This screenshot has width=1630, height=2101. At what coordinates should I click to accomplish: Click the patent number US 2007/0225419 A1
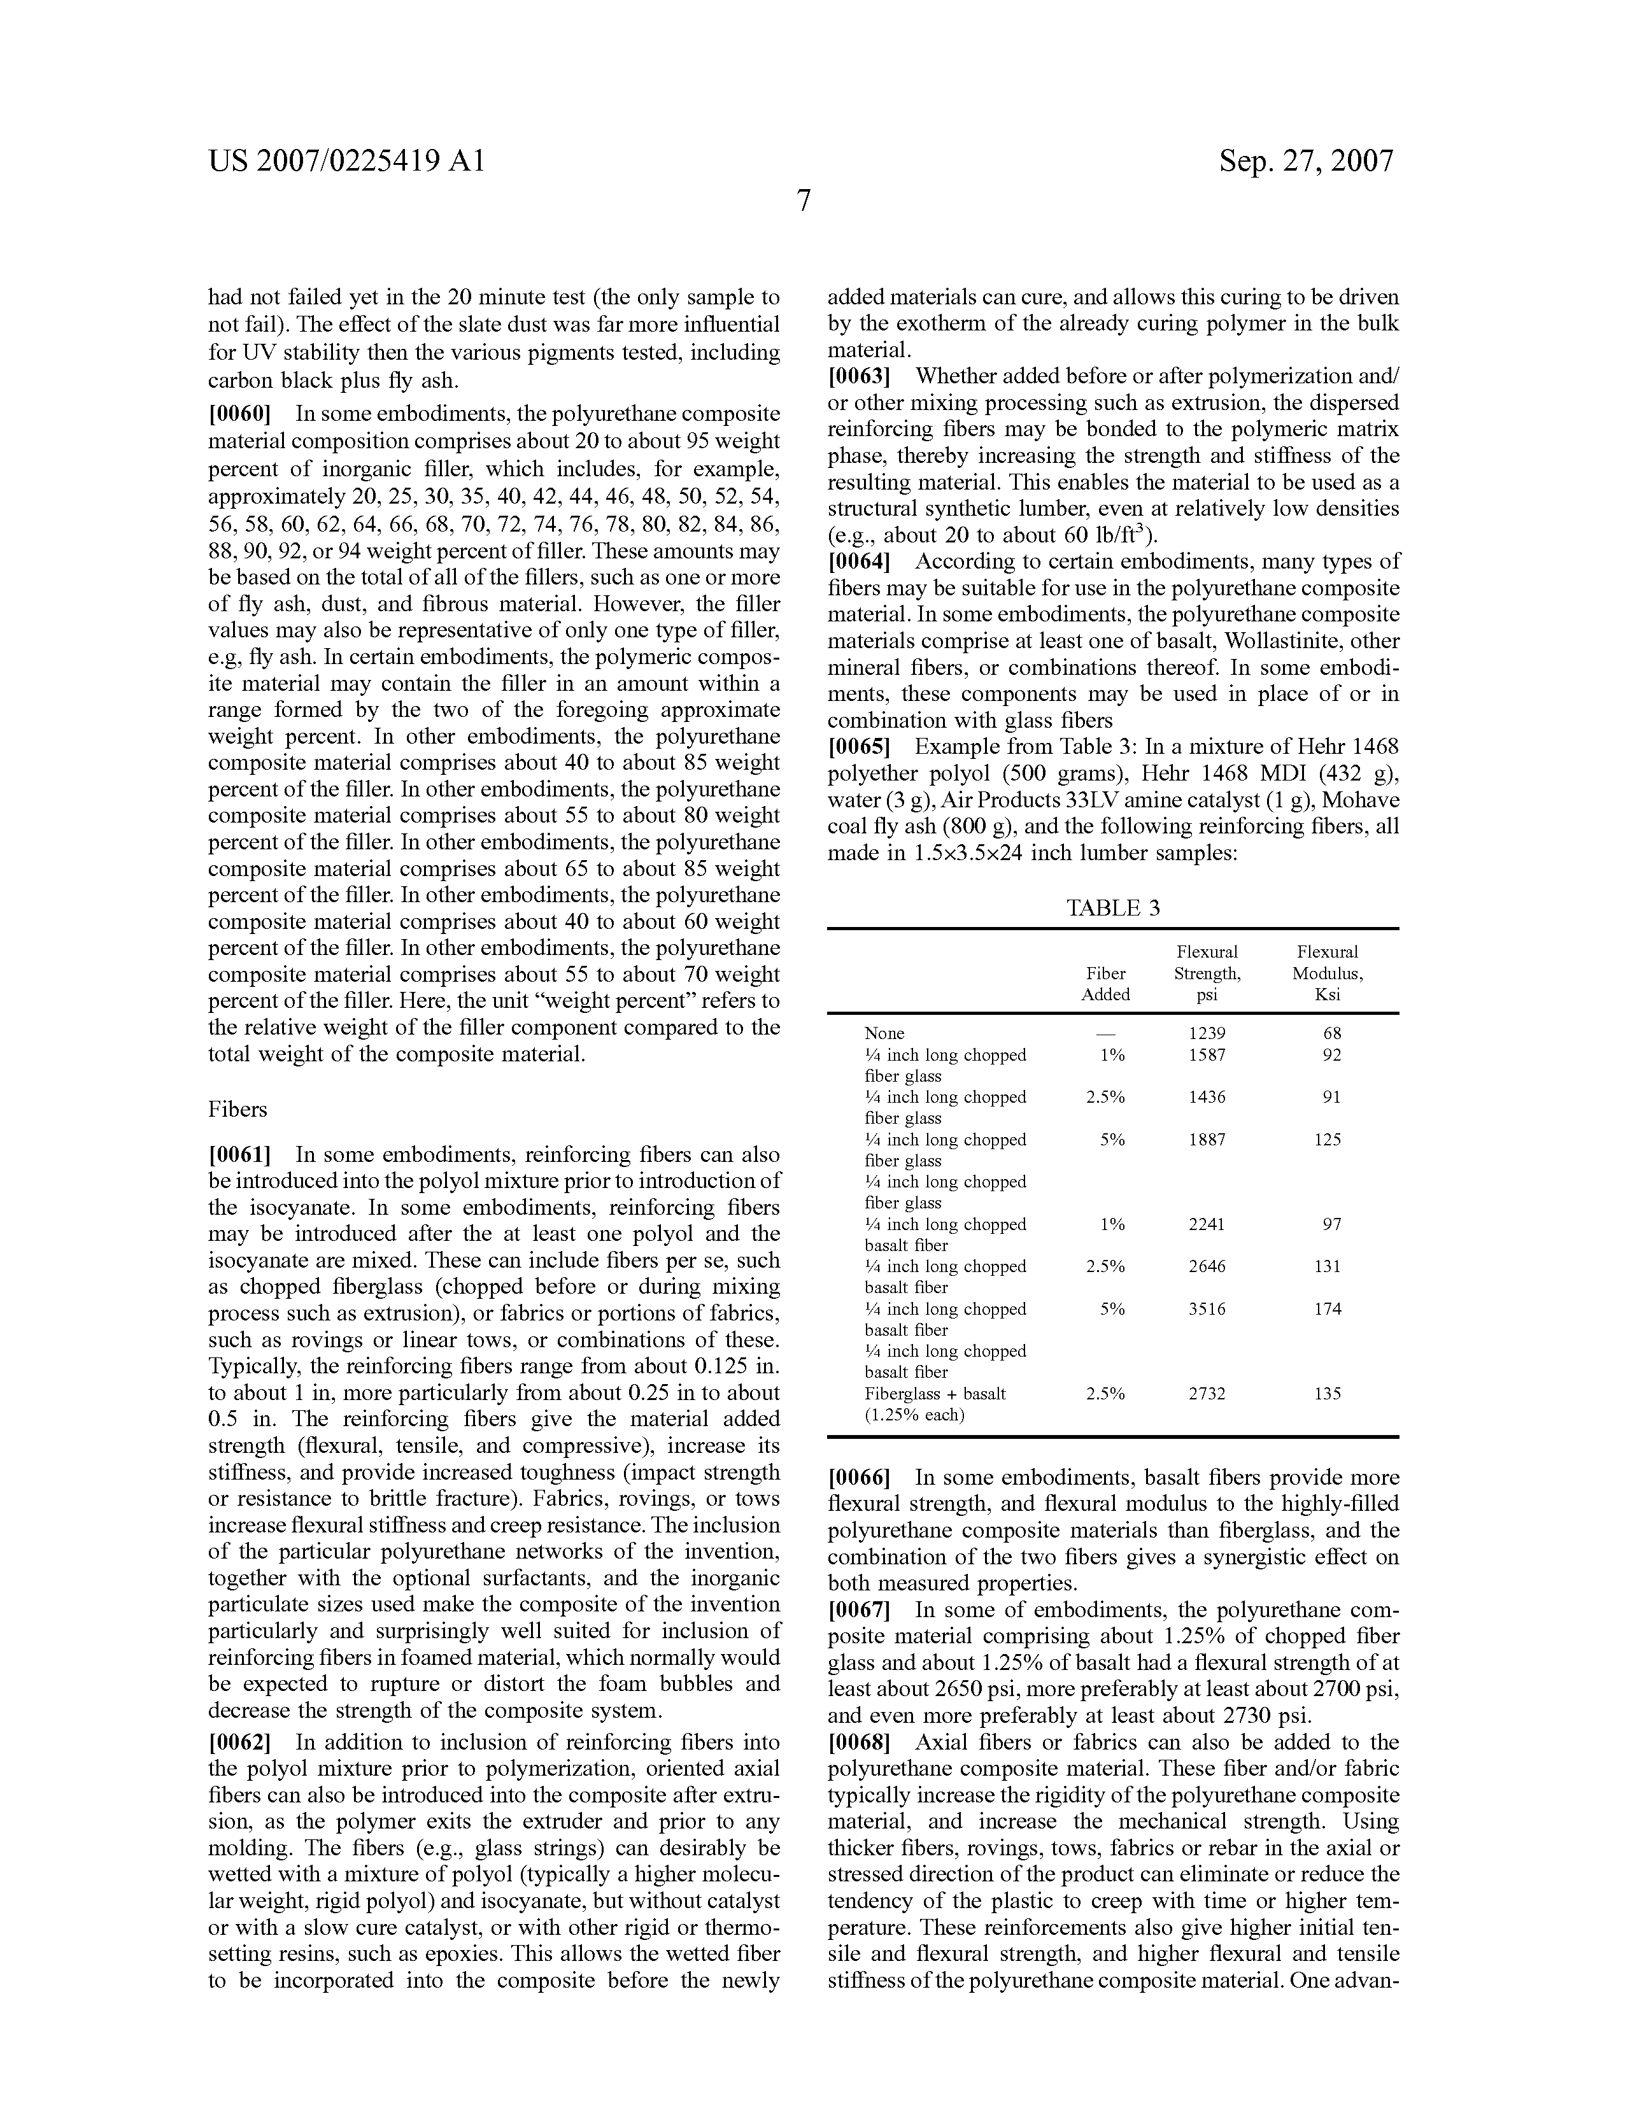click(x=346, y=160)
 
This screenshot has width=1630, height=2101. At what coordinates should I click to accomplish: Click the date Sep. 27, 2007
click(x=1306, y=160)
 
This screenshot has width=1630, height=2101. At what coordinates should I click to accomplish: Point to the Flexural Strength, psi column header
click(x=1207, y=973)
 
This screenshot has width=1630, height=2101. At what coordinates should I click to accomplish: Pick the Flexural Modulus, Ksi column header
click(x=1327, y=973)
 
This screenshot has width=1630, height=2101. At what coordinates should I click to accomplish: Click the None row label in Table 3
click(x=884, y=1033)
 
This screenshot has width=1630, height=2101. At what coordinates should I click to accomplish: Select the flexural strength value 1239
click(x=1207, y=1033)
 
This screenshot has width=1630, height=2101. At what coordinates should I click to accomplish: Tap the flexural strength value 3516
click(x=1207, y=1309)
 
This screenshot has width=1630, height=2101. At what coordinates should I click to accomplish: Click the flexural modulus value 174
click(x=1328, y=1309)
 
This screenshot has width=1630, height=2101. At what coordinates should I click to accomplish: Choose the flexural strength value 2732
click(x=1207, y=1394)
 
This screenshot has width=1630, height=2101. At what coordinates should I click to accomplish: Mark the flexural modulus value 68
click(x=1332, y=1033)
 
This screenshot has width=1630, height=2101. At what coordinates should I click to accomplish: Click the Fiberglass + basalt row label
click(x=935, y=1394)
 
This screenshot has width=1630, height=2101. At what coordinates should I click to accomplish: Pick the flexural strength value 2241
click(x=1207, y=1224)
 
